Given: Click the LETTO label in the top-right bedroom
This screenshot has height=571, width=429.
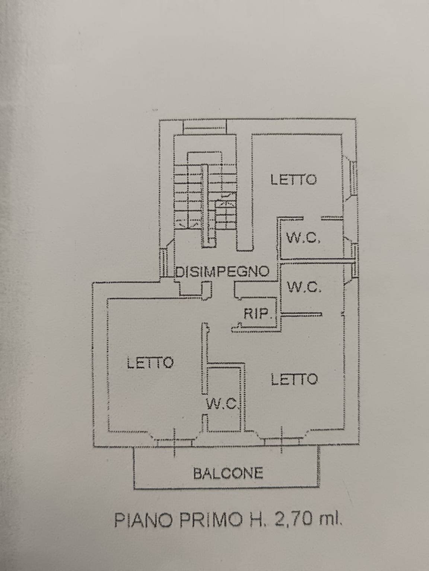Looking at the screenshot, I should click(x=293, y=180).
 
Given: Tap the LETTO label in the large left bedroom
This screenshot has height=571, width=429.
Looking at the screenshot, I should click(x=150, y=362).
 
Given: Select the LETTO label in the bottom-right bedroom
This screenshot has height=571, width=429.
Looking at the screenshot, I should click(x=294, y=380).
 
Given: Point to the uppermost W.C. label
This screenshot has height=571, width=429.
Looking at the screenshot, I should click(x=303, y=238).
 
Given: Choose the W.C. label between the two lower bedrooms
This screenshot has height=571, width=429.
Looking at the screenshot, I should click(x=222, y=403).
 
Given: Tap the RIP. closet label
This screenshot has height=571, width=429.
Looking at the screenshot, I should click(x=256, y=314).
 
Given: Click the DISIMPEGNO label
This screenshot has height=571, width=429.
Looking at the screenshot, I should click(x=222, y=272).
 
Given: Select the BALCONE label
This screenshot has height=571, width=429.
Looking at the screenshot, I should click(x=228, y=473).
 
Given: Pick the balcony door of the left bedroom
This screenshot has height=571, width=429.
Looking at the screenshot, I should click(x=174, y=442).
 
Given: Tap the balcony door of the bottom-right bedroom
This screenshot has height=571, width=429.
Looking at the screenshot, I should click(x=282, y=441).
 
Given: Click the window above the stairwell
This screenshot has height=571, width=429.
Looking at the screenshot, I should click(x=205, y=127).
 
